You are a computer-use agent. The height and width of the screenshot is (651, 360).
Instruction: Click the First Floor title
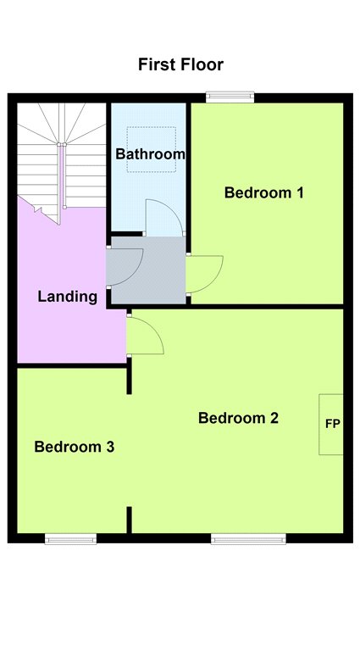[x=180, y=64]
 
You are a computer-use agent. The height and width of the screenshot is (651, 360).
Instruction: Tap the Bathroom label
[x=150, y=154]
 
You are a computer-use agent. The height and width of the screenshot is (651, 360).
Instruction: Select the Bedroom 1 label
[x=263, y=192]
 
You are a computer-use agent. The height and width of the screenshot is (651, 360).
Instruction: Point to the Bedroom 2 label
[x=238, y=418]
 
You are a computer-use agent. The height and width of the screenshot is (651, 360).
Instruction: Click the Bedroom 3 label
[x=75, y=448]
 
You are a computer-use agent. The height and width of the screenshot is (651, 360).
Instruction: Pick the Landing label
[x=68, y=297]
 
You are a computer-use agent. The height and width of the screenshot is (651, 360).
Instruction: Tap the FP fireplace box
[x=331, y=425]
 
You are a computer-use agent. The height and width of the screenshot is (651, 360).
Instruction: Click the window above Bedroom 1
[x=230, y=97]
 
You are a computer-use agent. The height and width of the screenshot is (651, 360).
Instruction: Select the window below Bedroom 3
[x=71, y=539]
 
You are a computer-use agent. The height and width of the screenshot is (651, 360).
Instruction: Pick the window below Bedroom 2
[x=248, y=539]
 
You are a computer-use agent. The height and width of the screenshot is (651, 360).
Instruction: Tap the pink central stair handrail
[x=62, y=175]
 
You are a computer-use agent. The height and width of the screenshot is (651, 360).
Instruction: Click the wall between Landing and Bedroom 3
[x=72, y=365]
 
